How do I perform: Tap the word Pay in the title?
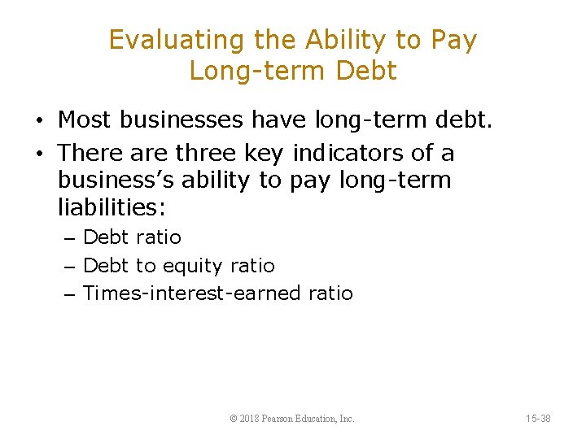click(x=453, y=40)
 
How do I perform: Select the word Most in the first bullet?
click(x=85, y=120)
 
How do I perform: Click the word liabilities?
click(x=112, y=207)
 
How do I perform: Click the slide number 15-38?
click(x=538, y=419)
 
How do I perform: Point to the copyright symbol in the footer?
click(x=234, y=419)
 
